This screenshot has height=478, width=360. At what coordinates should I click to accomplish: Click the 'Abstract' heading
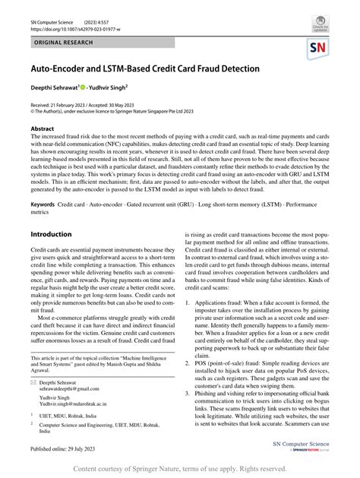(x=43, y=130)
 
